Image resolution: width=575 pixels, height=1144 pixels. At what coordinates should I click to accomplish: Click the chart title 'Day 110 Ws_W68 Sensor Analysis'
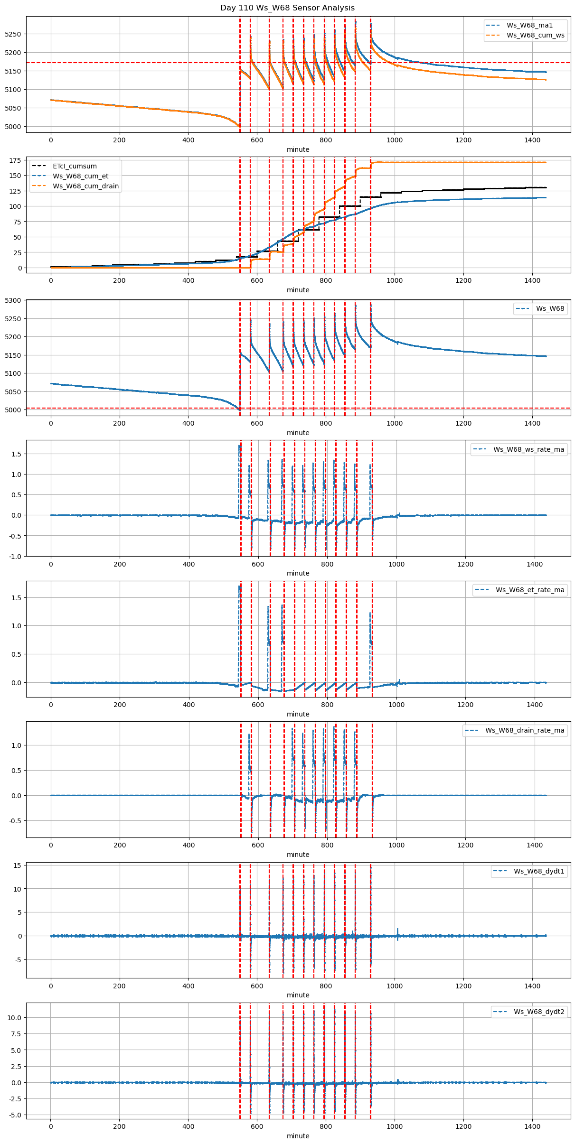click(x=287, y=8)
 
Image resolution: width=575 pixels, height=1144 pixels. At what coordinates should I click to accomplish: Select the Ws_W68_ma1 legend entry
click(x=529, y=25)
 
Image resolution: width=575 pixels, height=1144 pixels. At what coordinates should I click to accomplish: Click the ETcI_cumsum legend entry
click(x=75, y=166)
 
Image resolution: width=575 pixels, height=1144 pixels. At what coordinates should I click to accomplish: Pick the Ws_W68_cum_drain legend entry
click(x=85, y=186)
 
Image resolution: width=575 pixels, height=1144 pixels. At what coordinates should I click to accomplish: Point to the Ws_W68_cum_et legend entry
click(x=80, y=176)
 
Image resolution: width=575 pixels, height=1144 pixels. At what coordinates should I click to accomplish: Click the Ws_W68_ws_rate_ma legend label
click(x=528, y=449)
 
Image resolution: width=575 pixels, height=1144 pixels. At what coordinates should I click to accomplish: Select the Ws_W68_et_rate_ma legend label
click(x=530, y=590)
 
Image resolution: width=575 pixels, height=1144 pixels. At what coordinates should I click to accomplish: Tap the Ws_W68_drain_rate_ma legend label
click(x=525, y=730)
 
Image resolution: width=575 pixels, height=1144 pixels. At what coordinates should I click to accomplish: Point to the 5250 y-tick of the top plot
click(x=13, y=34)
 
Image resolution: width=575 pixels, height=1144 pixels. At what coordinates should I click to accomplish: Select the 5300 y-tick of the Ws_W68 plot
click(x=13, y=300)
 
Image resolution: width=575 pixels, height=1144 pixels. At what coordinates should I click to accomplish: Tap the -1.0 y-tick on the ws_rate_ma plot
click(x=15, y=556)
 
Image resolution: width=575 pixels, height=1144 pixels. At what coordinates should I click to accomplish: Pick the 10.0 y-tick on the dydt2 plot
click(x=14, y=1018)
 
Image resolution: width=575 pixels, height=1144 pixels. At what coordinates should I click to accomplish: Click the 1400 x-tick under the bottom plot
click(x=532, y=1128)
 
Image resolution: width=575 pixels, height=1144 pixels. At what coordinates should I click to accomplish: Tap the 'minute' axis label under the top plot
click(x=298, y=149)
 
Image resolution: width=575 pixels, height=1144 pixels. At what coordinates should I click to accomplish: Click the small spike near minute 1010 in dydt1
click(x=397, y=931)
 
